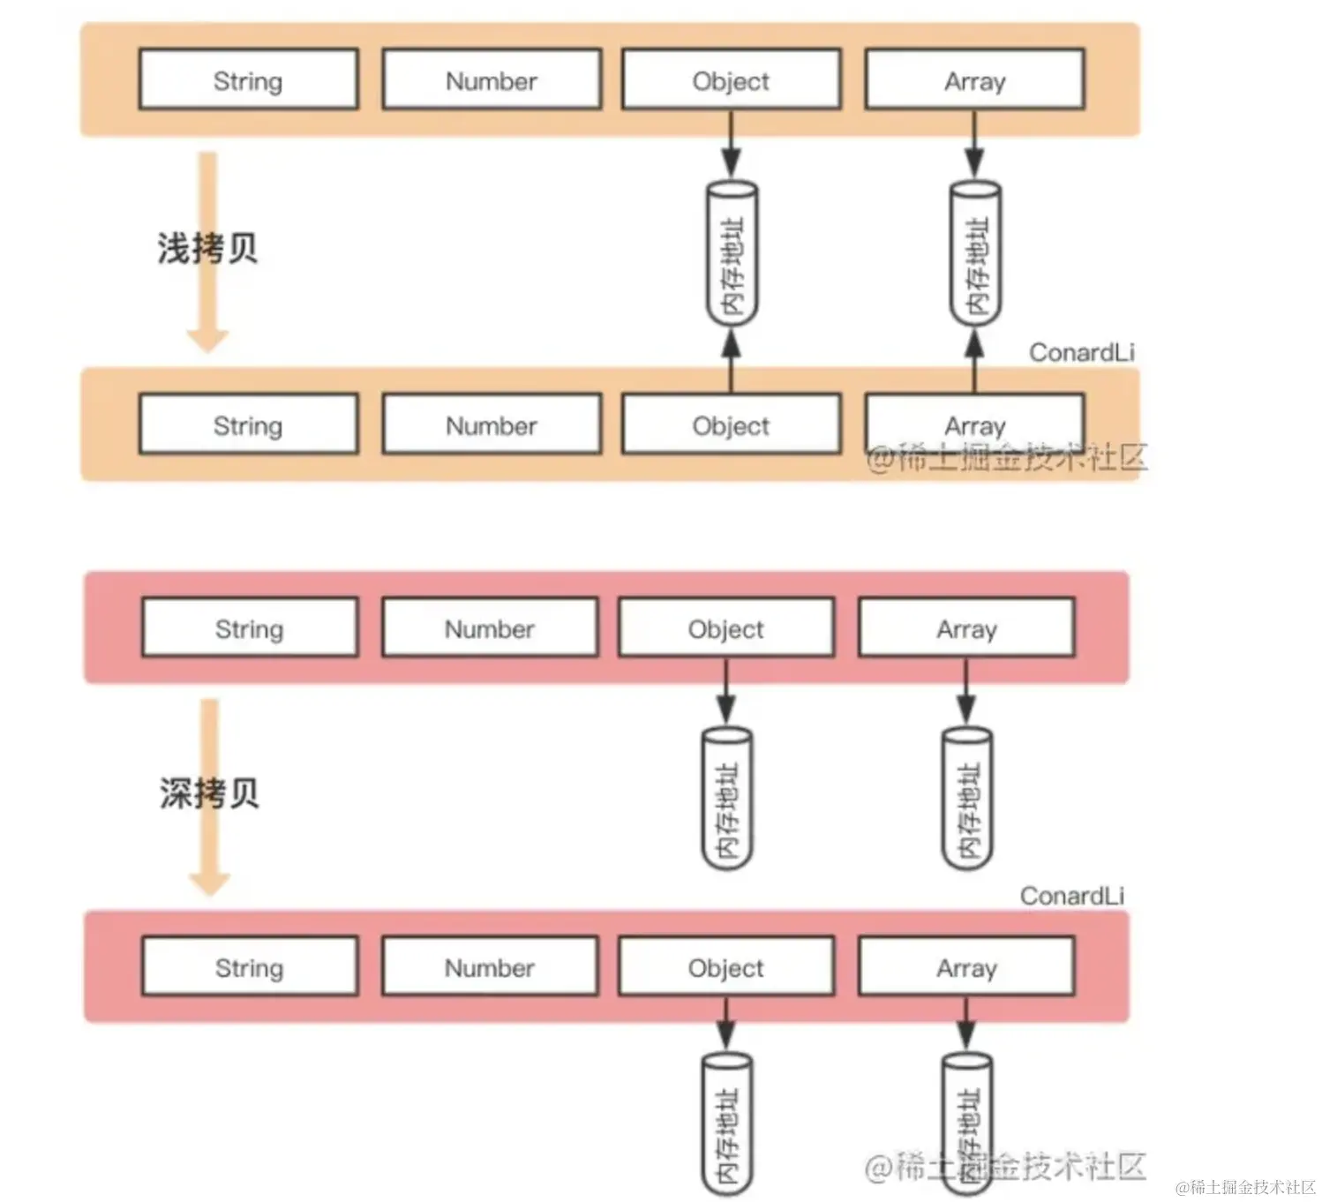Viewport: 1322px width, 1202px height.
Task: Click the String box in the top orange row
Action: (x=248, y=80)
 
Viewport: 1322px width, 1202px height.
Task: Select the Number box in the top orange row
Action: (x=492, y=80)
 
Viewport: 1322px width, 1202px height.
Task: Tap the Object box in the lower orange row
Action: (x=731, y=425)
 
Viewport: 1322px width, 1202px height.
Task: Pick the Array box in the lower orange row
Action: (x=974, y=425)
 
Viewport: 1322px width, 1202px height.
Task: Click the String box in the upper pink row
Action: (x=250, y=628)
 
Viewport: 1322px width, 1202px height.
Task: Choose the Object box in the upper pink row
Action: (x=726, y=628)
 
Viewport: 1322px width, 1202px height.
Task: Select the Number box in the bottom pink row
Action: (x=490, y=967)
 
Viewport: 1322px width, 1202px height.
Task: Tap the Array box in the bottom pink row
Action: (x=966, y=967)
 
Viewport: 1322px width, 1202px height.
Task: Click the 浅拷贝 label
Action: (x=207, y=248)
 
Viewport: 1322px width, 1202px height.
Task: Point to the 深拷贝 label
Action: (x=209, y=793)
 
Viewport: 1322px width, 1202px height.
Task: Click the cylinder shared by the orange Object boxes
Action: (x=732, y=254)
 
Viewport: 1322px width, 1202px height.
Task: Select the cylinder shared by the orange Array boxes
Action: (x=974, y=254)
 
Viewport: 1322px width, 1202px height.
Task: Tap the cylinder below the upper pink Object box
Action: (x=726, y=798)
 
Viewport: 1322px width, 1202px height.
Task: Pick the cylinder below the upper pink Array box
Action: (x=967, y=798)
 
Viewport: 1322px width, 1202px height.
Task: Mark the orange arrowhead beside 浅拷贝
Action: (x=207, y=340)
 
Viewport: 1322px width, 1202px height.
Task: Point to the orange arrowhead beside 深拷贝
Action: (x=209, y=883)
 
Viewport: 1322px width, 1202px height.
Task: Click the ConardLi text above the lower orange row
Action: (x=1081, y=352)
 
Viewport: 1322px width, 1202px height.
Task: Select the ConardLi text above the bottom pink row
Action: (x=1072, y=896)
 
